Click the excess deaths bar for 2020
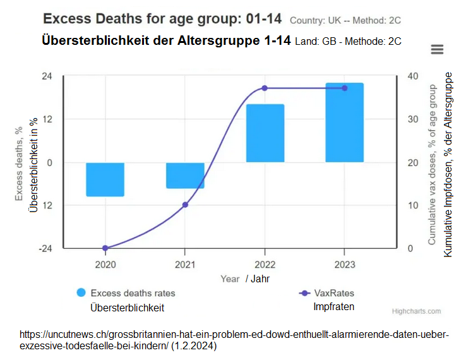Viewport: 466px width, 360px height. [105, 179]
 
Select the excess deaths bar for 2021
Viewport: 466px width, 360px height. [185, 175]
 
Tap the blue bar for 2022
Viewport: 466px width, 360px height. [265, 133]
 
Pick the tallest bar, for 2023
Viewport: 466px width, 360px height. [344, 123]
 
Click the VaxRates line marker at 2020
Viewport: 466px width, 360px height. [105, 248]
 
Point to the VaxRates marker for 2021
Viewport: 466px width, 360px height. [185, 205]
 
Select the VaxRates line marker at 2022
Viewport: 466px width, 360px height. [265, 88]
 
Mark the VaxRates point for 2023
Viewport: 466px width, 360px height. [344, 88]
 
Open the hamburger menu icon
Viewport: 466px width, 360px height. [436, 49]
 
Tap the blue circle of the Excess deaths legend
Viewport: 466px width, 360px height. [81, 293]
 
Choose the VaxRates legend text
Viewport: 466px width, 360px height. [334, 293]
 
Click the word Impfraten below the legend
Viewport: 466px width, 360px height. [334, 307]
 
